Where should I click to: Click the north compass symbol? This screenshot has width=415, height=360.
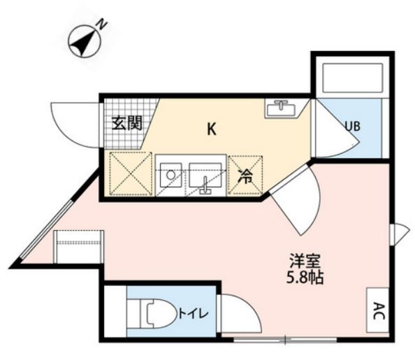tap(85, 41)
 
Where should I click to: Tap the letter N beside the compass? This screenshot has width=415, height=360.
tap(102, 24)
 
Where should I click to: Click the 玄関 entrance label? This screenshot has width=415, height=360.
tap(126, 123)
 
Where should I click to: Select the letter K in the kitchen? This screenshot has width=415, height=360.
tap(212, 129)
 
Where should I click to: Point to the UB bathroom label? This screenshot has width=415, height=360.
tap(353, 127)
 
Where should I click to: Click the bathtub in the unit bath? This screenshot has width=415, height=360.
tap(353, 78)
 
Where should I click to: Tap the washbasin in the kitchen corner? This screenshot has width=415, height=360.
tap(281, 108)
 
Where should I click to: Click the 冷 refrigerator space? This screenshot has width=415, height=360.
tap(245, 176)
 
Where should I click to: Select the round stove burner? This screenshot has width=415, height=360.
tap(171, 175)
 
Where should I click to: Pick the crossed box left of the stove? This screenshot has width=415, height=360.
tap(131, 174)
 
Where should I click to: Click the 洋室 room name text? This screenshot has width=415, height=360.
tap(305, 261)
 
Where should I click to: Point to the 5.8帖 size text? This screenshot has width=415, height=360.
tap(305, 278)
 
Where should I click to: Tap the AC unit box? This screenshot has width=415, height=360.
tap(378, 310)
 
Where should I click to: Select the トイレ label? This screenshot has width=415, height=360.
tap(194, 314)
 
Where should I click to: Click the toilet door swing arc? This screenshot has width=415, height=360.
tap(254, 308)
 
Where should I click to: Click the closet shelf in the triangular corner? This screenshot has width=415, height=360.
tap(78, 247)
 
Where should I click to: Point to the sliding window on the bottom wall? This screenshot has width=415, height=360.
tap(285, 339)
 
